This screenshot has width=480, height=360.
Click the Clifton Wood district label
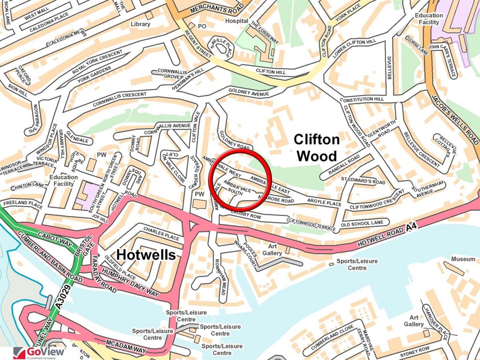316,147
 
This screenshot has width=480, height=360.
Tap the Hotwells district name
146,254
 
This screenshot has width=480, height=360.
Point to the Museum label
463,259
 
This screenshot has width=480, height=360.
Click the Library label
140,24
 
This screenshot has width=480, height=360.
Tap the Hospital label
237,21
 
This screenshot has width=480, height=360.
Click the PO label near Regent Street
202,26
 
